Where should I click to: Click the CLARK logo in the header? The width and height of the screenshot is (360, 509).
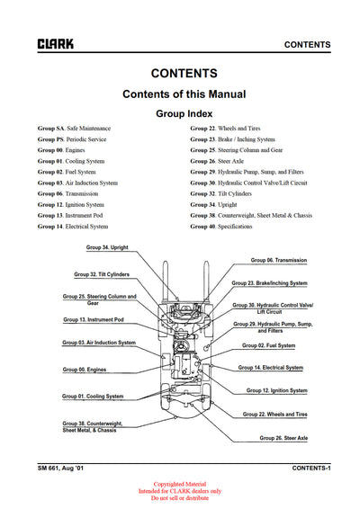[x=55, y=43]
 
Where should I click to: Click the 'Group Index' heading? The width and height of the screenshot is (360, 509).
[x=184, y=114]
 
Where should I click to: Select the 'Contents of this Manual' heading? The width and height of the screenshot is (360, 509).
[x=184, y=94]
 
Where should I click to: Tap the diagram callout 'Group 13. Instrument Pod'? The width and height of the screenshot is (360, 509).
[x=94, y=319]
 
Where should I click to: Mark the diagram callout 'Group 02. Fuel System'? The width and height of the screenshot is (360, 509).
[x=268, y=345]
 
